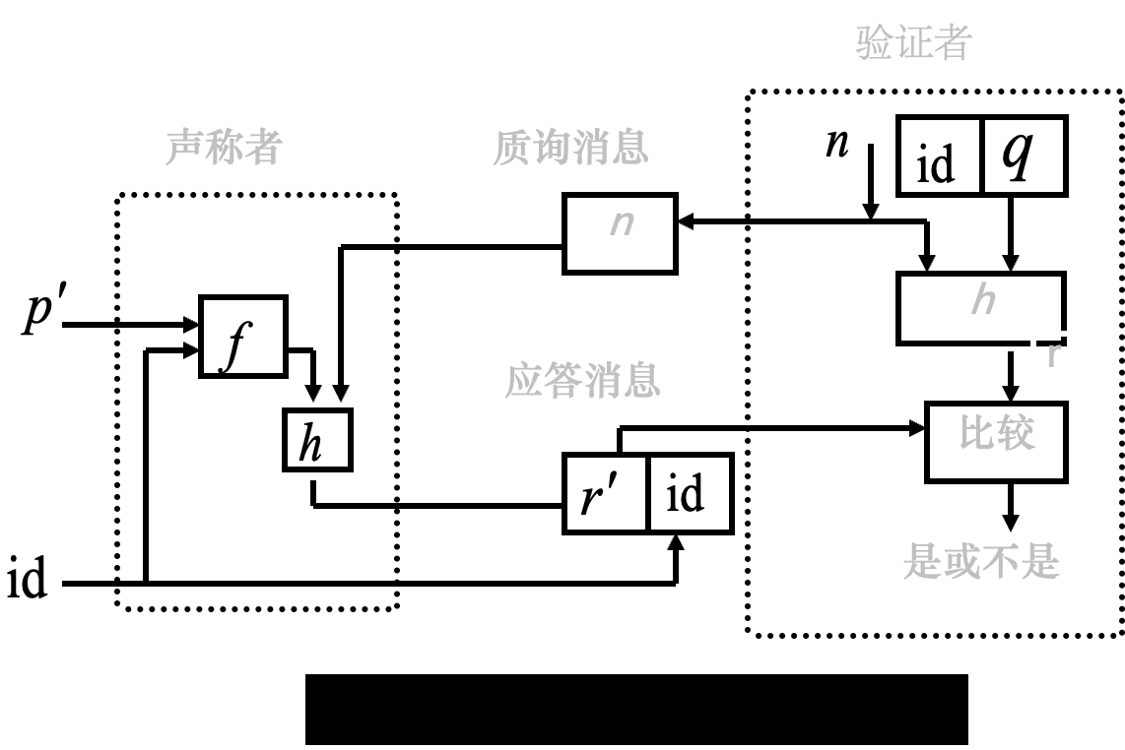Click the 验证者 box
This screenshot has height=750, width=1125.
[952, 52]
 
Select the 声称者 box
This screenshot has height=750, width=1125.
[260, 156]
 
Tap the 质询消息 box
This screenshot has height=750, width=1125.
[601, 156]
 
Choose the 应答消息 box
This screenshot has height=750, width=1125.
[612, 388]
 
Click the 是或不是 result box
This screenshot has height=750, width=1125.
[981, 570]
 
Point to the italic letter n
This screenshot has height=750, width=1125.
[622, 222]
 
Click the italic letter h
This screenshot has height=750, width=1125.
[983, 298]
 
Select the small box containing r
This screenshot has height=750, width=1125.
[1054, 364]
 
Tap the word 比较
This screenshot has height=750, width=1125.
[997, 433]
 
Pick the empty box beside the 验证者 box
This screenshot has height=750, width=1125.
[818, 138]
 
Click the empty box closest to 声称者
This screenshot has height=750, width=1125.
[80, 285]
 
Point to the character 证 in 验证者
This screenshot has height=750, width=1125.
[914, 42]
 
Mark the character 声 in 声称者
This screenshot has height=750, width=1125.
[184, 147]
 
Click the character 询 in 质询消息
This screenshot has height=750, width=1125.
[552, 148]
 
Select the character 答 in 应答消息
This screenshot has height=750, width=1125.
[563, 380]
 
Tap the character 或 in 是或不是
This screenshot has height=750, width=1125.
[961, 562]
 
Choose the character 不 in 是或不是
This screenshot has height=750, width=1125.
[1001, 562]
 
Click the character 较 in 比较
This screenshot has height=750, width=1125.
[1017, 433]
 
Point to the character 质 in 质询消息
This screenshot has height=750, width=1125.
[512, 148]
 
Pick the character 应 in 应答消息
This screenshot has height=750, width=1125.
[524, 380]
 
